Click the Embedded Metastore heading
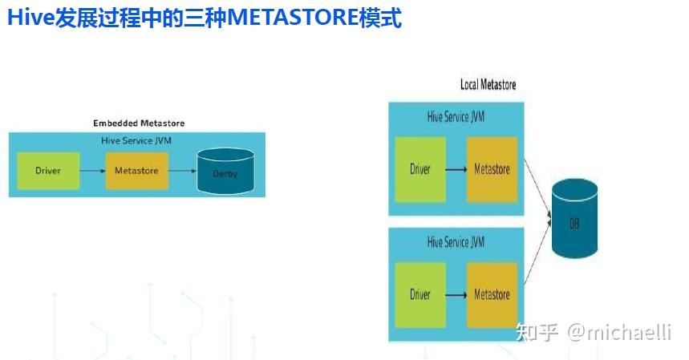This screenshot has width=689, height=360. click(139, 123)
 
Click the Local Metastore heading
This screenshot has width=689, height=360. click(488, 84)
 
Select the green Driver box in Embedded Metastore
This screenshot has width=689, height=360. click(48, 171)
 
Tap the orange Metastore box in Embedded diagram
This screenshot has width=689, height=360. click(136, 171)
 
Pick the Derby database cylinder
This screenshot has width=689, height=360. click(225, 171)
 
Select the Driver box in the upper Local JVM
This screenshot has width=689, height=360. click(420, 169)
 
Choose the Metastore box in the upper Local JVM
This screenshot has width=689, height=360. click(492, 169)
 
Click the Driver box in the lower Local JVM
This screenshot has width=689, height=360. click(420, 294)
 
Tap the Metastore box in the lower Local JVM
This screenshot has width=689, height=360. click(492, 294)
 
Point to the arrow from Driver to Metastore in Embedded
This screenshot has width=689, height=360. click(92, 171)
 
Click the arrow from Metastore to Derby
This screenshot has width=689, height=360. click(183, 171)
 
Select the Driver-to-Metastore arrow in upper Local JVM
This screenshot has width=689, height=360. click(456, 169)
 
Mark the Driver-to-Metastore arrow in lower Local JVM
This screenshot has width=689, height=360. click(456, 295)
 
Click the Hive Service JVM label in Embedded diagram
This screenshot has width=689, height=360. click(136, 140)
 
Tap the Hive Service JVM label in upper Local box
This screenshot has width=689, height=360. click(456, 117)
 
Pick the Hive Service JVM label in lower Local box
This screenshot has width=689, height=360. click(456, 241)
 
